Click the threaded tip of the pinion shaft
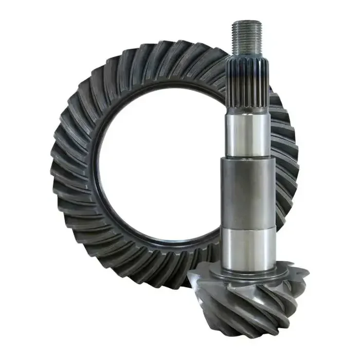click(x=248, y=39)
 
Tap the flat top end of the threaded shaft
click(x=248, y=22)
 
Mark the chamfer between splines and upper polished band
click(x=248, y=114)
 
